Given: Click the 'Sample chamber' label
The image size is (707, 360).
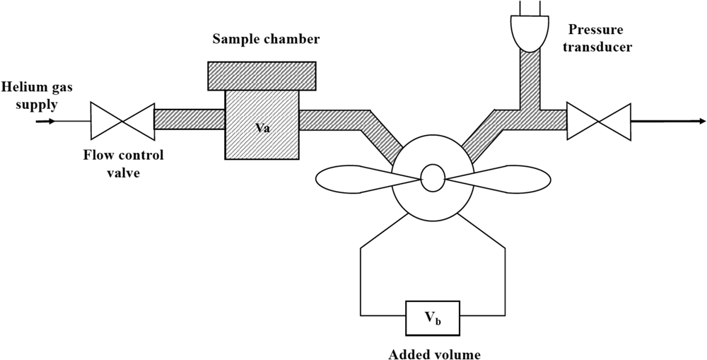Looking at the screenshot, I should point(267,40).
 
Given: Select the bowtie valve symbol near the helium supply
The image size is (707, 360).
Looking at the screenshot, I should point(123,121).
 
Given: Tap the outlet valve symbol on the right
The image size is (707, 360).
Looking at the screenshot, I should point(600,121).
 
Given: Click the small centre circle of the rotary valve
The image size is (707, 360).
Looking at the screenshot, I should point(431,179).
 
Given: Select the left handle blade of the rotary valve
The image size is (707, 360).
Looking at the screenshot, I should point(350,179).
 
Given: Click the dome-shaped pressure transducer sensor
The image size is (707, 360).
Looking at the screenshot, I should point(529,33).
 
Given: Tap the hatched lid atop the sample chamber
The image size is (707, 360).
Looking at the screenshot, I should point(262,75).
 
